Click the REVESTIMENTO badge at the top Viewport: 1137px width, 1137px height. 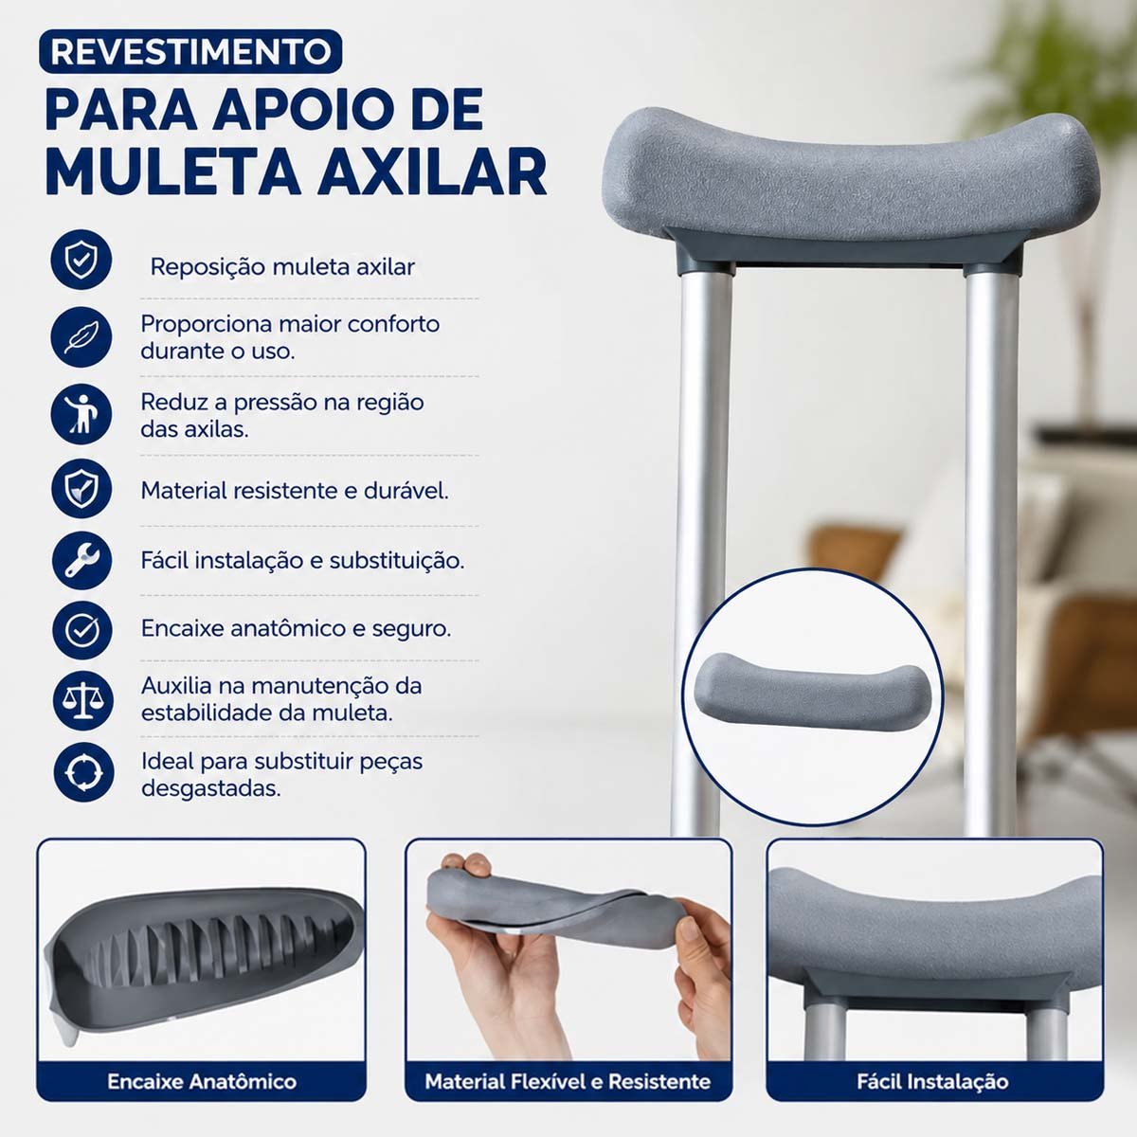pos(190,51)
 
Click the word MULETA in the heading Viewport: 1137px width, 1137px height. pos(173,171)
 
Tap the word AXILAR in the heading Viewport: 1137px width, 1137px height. pos(432,171)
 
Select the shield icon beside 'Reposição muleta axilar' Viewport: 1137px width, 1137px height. pos(81,260)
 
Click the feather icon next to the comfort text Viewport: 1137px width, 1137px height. pos(81,337)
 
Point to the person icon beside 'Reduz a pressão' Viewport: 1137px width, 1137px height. pos(81,414)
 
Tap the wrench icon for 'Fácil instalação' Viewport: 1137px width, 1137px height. pos(82,561)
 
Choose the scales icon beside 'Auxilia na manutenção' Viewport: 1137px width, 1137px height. pos(82,701)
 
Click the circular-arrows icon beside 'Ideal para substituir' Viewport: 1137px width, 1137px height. pos(83,772)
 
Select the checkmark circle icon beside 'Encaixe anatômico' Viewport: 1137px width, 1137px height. pos(82,630)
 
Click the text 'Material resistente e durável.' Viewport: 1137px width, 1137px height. pos(295,490)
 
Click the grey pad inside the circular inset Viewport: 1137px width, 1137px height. pos(813,692)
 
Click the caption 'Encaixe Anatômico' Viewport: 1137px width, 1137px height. pos(202,1081)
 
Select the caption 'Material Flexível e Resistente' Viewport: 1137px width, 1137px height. pos(568,1081)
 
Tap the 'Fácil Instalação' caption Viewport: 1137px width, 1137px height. pos(933,1081)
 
